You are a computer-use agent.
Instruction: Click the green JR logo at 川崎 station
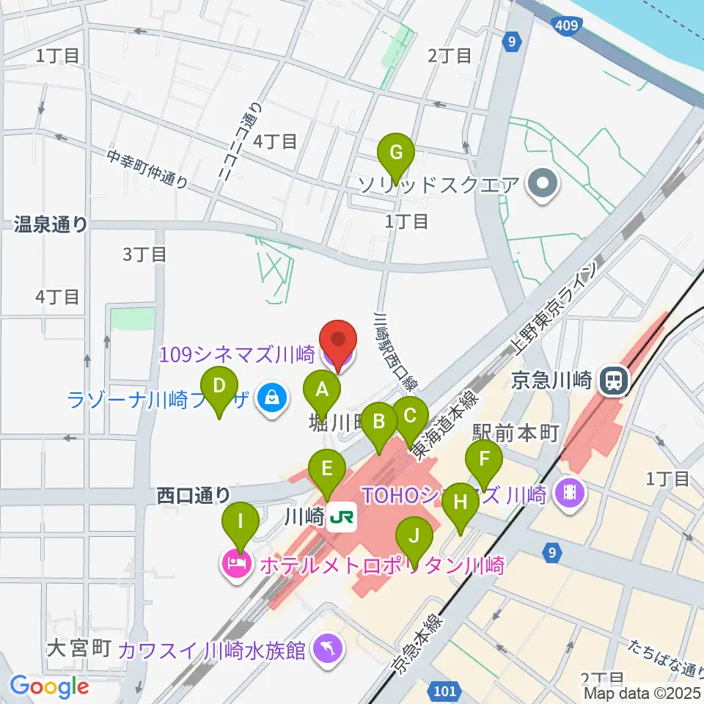tap(342, 518)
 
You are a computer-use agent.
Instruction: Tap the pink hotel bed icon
tap(235, 565)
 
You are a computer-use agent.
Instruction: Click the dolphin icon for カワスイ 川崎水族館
tap(326, 647)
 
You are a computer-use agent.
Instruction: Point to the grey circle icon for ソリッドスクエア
tap(543, 183)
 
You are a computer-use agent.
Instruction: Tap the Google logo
tap(50, 686)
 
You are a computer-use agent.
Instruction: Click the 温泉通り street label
tap(51, 224)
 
